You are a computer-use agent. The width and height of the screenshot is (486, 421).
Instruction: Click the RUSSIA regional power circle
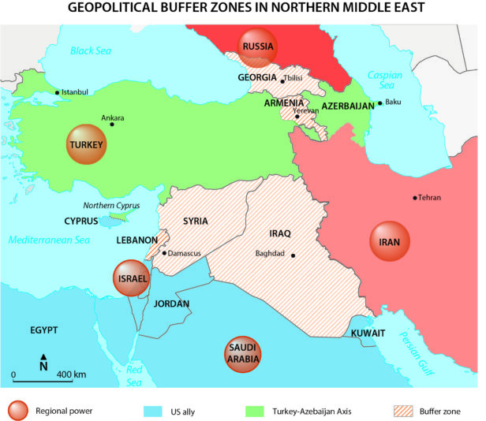coord(258,47)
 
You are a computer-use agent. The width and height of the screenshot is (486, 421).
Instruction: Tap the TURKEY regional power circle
coord(86,145)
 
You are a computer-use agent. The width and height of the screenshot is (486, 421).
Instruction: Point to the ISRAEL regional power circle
coord(131,278)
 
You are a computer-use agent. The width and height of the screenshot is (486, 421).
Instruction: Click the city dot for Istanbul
coord(58,92)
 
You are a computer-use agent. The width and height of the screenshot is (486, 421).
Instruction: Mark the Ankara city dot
coord(112,123)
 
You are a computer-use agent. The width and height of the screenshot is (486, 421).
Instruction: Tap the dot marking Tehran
coord(415,197)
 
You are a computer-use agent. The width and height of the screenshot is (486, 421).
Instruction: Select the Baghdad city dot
coord(293,255)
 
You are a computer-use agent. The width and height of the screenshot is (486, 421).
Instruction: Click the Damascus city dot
coord(164,253)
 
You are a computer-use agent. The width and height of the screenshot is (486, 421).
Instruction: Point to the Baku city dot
coord(380,102)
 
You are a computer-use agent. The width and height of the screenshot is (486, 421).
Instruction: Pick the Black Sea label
coord(92,51)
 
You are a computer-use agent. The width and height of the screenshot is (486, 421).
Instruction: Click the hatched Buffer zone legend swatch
coord(407,411)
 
